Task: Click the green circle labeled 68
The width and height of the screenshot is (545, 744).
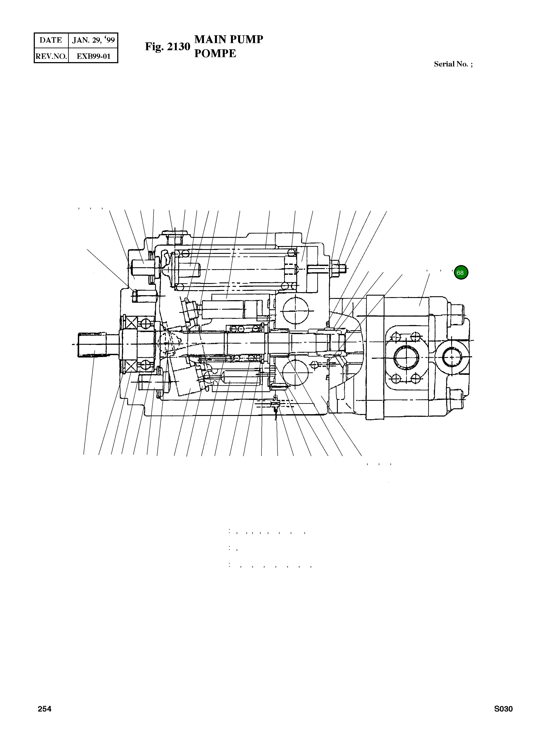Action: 460,273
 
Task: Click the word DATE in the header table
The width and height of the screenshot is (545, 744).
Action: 51,40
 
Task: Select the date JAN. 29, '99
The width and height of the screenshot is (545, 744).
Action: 93,40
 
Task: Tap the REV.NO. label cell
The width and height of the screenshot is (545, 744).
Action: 51,56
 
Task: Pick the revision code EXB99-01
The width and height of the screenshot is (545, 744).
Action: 93,56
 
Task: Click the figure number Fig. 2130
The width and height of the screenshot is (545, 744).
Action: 168,47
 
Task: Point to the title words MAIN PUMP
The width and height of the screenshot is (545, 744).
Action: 229,39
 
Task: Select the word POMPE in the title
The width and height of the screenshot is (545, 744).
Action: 215,53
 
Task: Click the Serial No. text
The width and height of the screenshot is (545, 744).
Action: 453,64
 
